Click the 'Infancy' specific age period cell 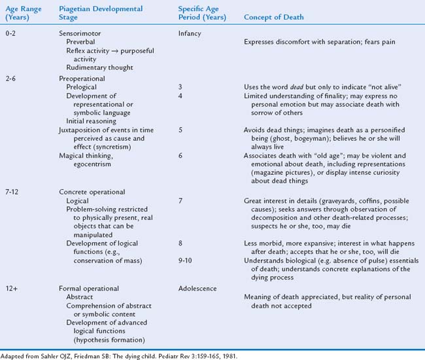point(189,33)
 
